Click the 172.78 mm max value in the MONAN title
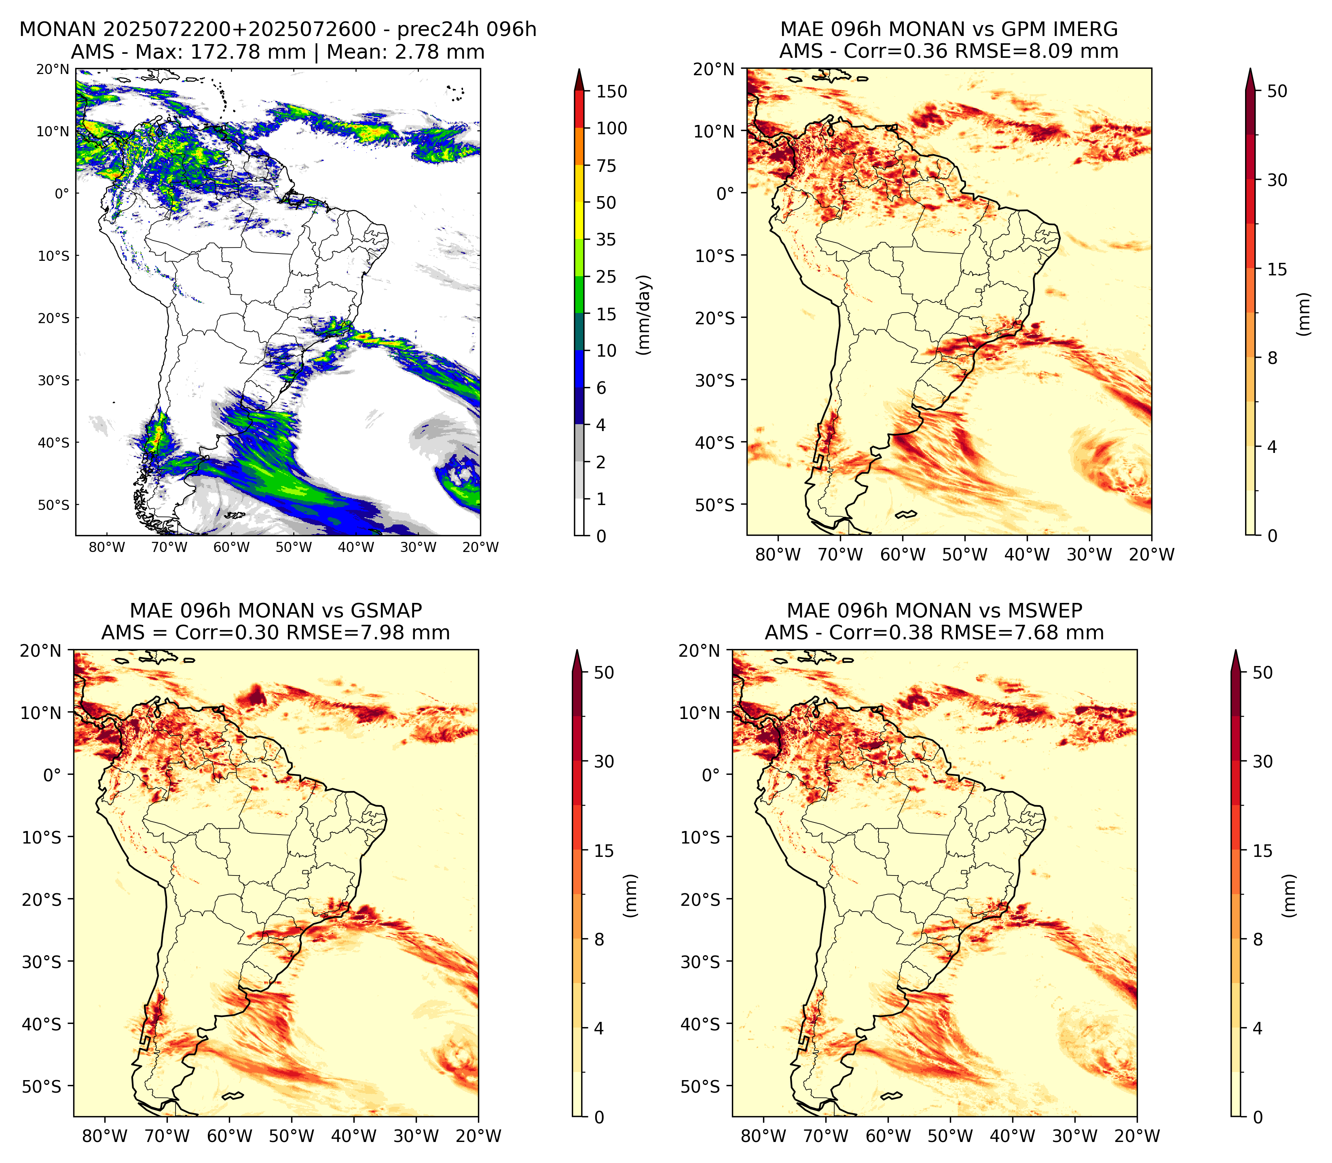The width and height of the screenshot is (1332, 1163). pyautogui.click(x=248, y=52)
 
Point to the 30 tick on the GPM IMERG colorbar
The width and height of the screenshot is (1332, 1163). pyautogui.click(x=1277, y=180)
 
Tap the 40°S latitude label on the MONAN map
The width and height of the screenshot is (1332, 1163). pyautogui.click(x=53, y=443)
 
